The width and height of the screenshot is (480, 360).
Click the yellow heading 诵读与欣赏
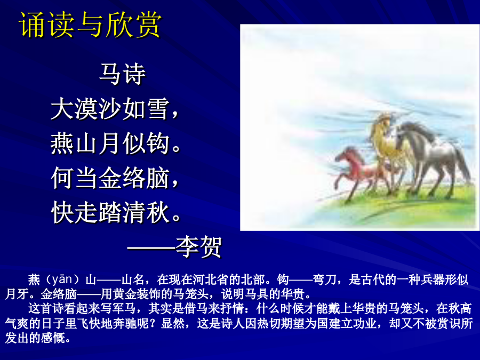[x=90, y=25]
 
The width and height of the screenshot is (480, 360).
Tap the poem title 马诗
[x=123, y=74]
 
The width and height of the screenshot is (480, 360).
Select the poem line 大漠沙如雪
[x=110, y=109]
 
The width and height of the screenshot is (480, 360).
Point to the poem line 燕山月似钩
[x=110, y=143]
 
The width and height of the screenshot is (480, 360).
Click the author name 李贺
[x=198, y=247]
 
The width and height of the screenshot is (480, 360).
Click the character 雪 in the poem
[x=157, y=109]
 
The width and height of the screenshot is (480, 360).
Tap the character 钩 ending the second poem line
[x=157, y=143]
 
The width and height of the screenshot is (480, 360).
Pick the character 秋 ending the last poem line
[x=158, y=212]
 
